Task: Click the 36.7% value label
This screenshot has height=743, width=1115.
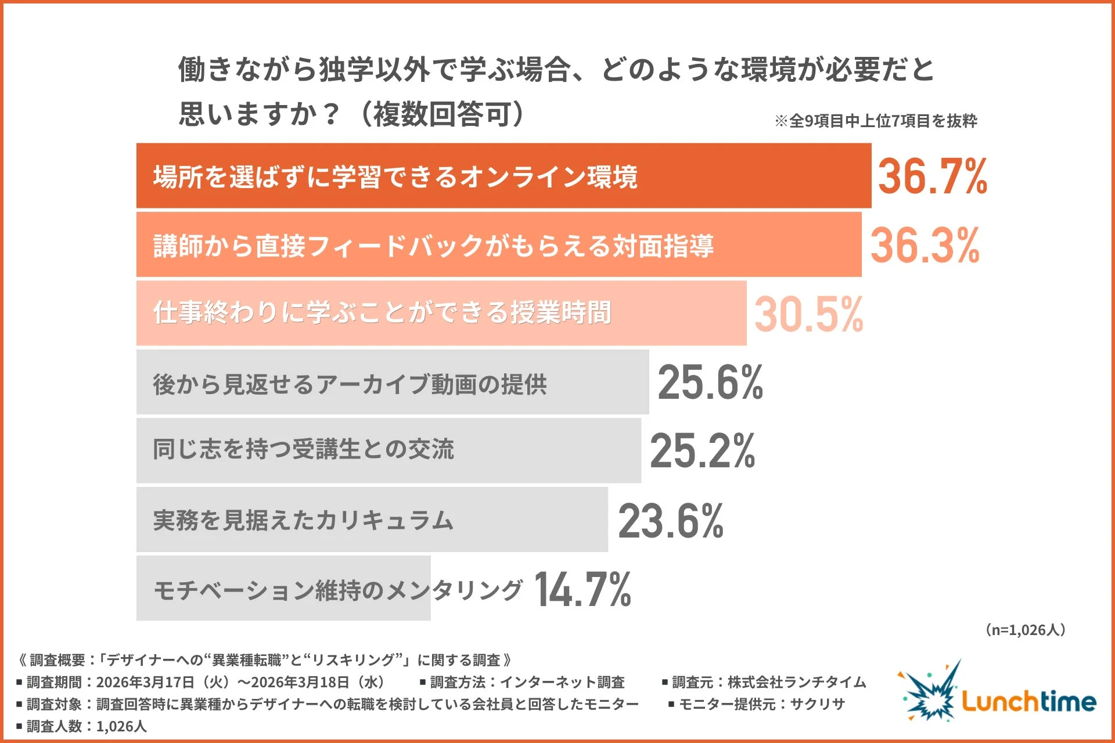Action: (931, 176)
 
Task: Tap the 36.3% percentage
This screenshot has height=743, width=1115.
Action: (924, 246)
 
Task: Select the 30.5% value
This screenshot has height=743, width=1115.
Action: (808, 314)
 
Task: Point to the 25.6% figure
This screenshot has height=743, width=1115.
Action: (710, 383)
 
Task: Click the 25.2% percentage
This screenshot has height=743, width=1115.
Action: (702, 451)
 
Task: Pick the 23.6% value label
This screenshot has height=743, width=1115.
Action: (670, 521)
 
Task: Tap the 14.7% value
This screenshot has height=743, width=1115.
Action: (582, 589)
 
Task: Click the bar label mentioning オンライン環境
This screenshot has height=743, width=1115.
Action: (395, 176)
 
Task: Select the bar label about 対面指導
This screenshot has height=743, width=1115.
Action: (433, 246)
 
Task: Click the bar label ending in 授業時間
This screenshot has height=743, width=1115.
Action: (382, 313)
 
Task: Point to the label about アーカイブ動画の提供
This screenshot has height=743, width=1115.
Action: (350, 384)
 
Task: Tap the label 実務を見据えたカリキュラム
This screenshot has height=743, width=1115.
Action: (303, 520)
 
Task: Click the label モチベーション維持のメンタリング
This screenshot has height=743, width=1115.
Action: (338, 590)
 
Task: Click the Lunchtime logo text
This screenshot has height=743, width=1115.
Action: (1028, 701)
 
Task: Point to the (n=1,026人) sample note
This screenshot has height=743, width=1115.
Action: (1025, 630)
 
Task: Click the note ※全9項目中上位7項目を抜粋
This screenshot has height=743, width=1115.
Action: (876, 121)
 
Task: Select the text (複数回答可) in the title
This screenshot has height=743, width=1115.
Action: (441, 114)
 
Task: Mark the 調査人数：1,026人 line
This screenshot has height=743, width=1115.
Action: (82, 726)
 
